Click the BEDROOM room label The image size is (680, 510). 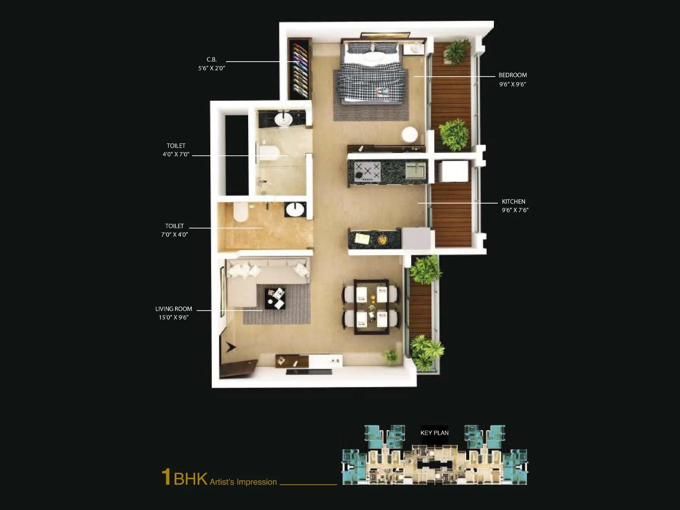point(513,75)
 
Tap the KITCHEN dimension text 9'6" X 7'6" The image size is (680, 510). point(515,210)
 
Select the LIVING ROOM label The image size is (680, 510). point(173,309)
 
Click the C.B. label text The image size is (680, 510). point(212,60)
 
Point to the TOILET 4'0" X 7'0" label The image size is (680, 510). point(176,150)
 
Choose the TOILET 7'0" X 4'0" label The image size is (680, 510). point(174,230)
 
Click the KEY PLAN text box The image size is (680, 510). point(434,433)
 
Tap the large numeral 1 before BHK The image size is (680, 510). point(166,477)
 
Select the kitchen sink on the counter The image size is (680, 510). point(415,170)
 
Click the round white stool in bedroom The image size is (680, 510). point(410,134)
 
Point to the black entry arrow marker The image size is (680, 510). point(230,347)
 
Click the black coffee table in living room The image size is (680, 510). point(275,298)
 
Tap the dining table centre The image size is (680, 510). point(371,306)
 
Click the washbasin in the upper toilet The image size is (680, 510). point(283,119)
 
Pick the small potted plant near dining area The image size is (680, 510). point(391,356)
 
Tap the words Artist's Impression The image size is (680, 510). point(243,482)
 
